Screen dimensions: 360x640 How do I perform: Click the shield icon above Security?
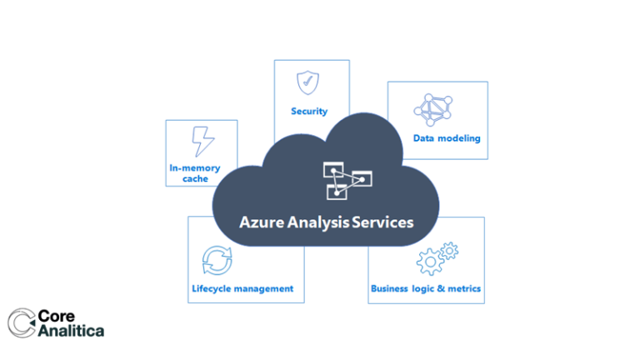click(308, 82)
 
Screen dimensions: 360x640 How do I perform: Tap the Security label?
click(309, 111)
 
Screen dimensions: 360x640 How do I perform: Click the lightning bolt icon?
click(202, 140)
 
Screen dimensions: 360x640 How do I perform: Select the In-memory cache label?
click(195, 173)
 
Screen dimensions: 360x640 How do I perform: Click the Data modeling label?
click(447, 138)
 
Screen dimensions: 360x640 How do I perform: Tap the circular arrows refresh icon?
click(217, 260)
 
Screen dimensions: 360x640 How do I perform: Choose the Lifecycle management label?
click(242, 289)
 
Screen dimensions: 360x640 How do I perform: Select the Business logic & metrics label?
click(426, 289)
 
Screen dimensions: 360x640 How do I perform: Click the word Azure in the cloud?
click(260, 222)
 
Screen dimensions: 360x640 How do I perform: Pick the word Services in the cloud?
click(385, 222)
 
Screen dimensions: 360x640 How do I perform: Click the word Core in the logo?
click(58, 316)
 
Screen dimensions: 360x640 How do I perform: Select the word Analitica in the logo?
click(72, 331)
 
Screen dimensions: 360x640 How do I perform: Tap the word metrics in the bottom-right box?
click(463, 289)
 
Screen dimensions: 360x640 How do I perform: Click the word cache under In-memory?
click(195, 179)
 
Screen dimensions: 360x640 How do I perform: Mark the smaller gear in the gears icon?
click(450, 249)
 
